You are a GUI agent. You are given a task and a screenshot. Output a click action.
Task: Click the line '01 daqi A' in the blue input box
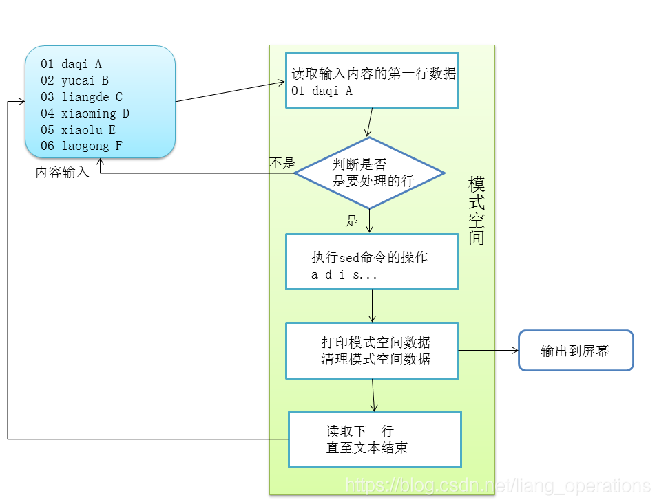(71, 64)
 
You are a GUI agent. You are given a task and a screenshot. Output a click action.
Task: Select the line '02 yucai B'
(74, 80)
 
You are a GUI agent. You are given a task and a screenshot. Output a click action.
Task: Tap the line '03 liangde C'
(81, 97)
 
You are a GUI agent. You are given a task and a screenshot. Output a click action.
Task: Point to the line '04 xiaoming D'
(85, 113)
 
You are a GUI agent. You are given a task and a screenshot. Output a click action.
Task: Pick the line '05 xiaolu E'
(78, 130)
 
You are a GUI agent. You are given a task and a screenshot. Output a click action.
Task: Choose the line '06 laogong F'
(81, 146)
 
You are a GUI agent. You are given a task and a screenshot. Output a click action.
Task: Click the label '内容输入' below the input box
(62, 173)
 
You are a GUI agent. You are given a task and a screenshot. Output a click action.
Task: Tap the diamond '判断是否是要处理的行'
(369, 173)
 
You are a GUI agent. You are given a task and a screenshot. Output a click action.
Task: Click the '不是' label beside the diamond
(282, 164)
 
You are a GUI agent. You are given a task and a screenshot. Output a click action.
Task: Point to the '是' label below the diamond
(352, 221)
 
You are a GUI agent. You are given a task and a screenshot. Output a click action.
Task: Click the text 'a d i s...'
(344, 275)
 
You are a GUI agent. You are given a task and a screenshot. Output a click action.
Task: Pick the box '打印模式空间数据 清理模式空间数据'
(372, 350)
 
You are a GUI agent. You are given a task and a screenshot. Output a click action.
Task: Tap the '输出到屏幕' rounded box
(575, 351)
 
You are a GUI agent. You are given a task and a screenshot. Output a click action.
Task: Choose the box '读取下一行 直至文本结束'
(374, 439)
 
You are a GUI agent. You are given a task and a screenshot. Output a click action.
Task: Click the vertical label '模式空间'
(477, 210)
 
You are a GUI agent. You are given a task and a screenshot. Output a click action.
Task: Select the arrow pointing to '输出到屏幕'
(488, 350)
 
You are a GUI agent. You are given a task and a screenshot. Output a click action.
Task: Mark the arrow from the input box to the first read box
(231, 92)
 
